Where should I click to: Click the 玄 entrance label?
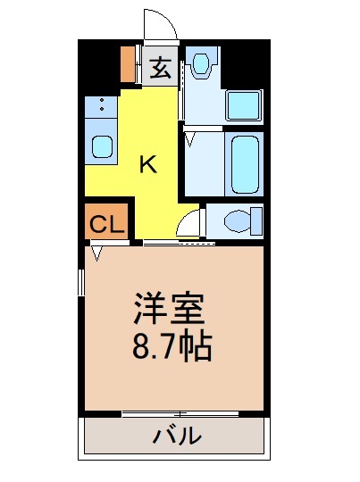click(x=160, y=67)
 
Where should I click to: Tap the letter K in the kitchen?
click(x=148, y=164)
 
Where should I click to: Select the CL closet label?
click(x=106, y=224)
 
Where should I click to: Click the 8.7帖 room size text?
click(x=172, y=345)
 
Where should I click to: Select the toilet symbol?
click(x=239, y=220)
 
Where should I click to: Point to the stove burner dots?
click(x=103, y=106)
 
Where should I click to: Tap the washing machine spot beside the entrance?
click(x=201, y=64)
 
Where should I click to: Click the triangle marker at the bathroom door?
click(x=190, y=137)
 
